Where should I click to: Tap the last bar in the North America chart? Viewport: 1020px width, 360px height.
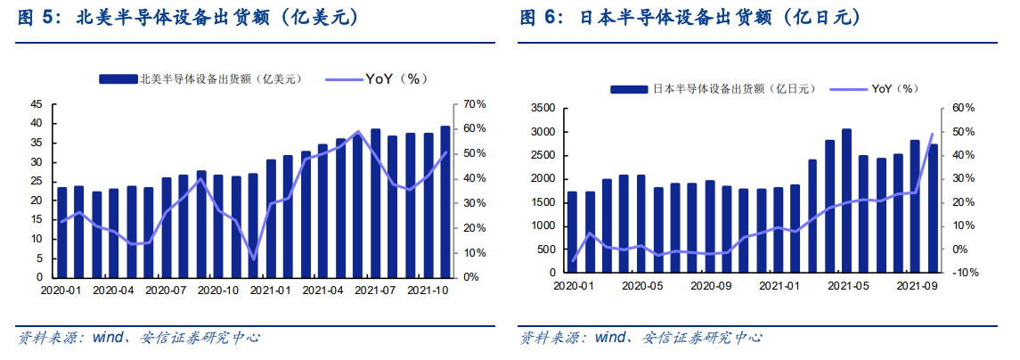tap(445, 201)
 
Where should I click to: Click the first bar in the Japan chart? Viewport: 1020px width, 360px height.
tap(573, 233)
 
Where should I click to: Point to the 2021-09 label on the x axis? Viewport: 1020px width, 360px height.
tap(916, 285)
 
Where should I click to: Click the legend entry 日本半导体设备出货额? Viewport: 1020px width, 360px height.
tap(713, 89)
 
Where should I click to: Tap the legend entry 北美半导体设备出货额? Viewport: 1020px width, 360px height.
tap(201, 78)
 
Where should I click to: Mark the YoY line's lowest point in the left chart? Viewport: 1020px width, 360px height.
tap(254, 259)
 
